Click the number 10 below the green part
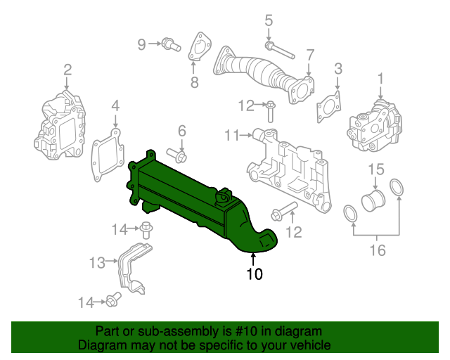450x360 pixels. coord(254,274)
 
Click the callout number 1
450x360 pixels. coord(380,77)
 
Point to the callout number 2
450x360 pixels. coord(67,69)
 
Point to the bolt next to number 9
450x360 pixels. coord(167,45)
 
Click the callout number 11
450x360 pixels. coord(232,134)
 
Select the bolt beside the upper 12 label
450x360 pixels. coord(271,109)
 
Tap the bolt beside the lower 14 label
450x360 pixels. coord(111,302)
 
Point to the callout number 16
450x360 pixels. coord(378,250)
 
